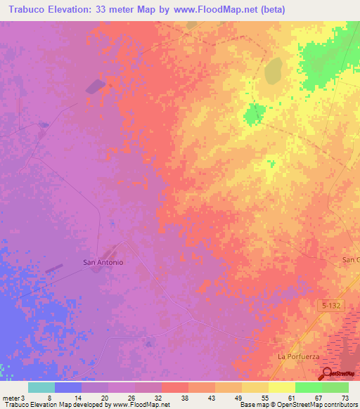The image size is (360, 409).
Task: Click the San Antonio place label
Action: tap(103, 262)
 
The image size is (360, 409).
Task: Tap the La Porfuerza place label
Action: tap(298, 356)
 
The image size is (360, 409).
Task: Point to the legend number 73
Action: tap(344, 397)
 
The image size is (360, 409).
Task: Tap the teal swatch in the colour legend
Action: tap(41, 387)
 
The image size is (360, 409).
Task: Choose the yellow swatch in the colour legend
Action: tap(281, 387)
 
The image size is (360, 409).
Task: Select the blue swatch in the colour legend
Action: tap(68, 387)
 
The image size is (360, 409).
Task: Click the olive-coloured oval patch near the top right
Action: tap(273, 69)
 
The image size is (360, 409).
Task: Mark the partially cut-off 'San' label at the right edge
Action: tap(350, 259)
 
